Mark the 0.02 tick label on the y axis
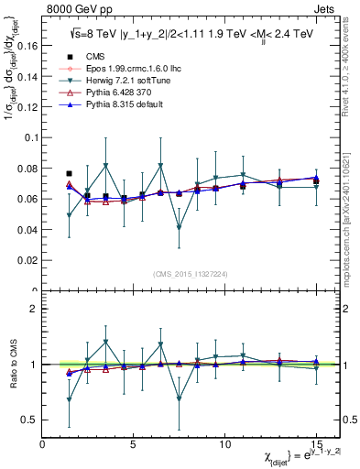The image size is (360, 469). (x=27, y=260)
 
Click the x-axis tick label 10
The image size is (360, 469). (x=225, y=444)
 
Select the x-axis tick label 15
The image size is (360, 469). (x=316, y=444)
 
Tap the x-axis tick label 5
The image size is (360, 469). (x=134, y=444)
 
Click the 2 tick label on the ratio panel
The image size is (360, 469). (x=33, y=309)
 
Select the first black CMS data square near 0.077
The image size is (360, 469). (x=70, y=173)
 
